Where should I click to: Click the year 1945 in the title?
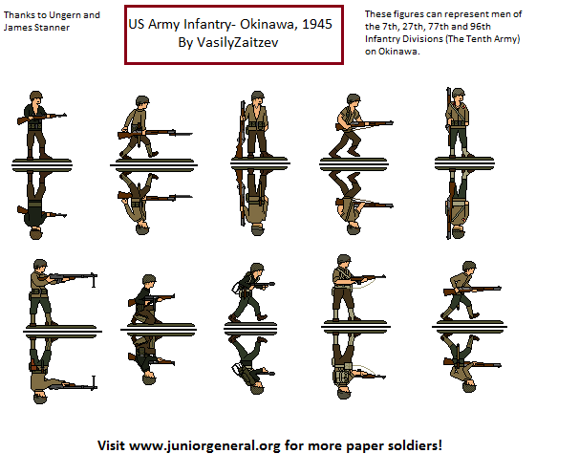pos(314,26)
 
